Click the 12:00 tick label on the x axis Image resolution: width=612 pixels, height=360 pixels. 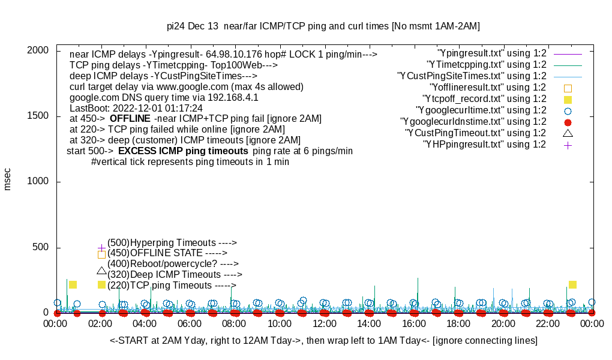tap(325, 324)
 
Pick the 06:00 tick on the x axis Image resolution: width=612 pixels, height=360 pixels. tap(190, 324)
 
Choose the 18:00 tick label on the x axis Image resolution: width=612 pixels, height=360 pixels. tap(458, 324)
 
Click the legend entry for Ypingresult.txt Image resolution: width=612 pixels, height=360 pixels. tap(492, 53)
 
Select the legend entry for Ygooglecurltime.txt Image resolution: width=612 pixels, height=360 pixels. tap(481, 110)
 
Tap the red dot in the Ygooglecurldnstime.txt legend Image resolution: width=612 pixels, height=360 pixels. tap(568, 122)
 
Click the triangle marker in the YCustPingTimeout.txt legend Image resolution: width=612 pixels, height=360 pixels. tap(568, 133)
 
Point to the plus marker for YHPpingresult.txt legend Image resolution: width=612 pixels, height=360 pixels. tap(568, 145)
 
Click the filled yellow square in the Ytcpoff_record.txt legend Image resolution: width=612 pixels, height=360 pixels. tap(568, 99)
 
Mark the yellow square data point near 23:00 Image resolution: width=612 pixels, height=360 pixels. tap(572, 285)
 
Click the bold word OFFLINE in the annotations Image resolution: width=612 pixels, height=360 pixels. tap(130, 118)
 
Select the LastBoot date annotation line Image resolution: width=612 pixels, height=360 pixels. tap(136, 108)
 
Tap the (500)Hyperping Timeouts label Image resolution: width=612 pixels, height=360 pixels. tap(172, 243)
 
